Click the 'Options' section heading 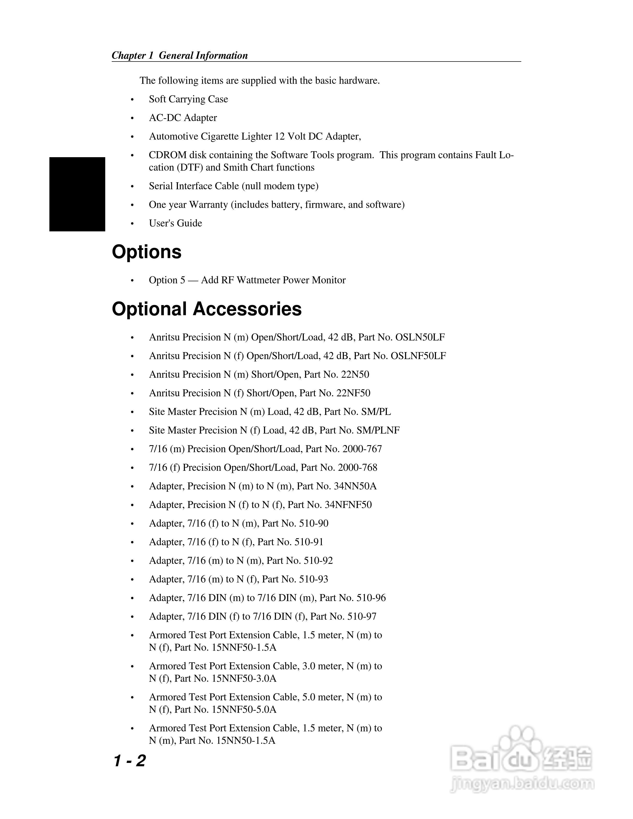[147, 252]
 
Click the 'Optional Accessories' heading [207, 309]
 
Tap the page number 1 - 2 [129, 761]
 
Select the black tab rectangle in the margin [77, 194]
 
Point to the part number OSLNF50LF [418, 356]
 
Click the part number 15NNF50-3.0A [244, 678]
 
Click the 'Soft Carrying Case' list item [188, 99]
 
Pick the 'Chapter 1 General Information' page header [180, 56]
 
